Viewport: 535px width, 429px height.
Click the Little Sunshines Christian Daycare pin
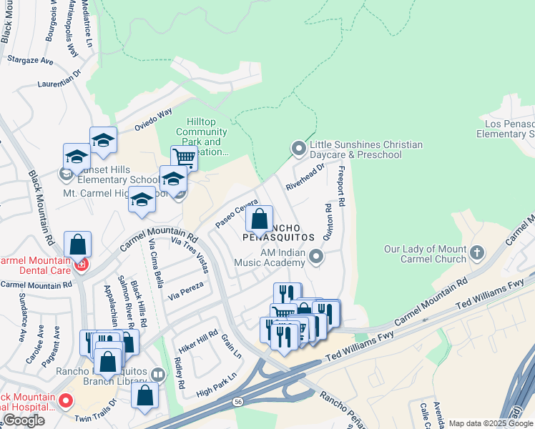pyautogui.click(x=299, y=149)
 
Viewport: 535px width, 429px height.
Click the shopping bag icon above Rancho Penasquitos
pyautogui.click(x=260, y=218)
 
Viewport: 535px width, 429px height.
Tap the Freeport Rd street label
pyautogui.click(x=341, y=187)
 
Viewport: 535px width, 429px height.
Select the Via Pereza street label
pyautogui.click(x=186, y=290)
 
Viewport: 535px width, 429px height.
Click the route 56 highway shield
pyautogui.click(x=237, y=403)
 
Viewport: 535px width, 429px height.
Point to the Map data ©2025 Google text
pyautogui.click(x=491, y=423)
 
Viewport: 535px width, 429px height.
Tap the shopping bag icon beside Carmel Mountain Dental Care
pyautogui.click(x=77, y=244)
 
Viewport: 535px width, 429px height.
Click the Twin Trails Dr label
pyautogui.click(x=96, y=412)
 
